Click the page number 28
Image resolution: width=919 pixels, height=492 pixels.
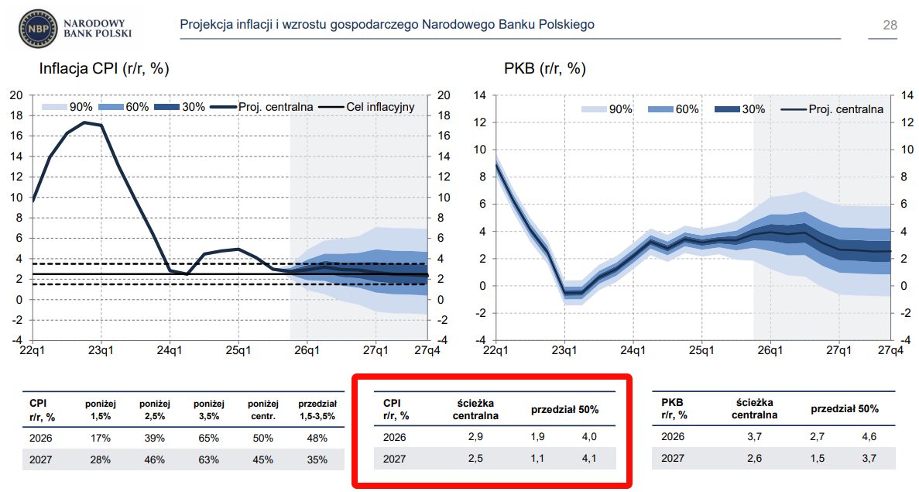(x=890, y=26)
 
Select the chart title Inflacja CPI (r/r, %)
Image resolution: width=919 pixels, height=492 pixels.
(x=104, y=69)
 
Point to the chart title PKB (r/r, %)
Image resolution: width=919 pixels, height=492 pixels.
(x=544, y=69)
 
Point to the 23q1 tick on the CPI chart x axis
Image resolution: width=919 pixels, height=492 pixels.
(x=101, y=350)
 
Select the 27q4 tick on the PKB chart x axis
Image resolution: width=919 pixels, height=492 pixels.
(x=890, y=350)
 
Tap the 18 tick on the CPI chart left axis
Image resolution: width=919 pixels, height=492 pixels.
(x=16, y=115)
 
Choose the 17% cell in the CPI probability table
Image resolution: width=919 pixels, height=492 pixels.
(x=100, y=438)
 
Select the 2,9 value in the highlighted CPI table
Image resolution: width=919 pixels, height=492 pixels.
(x=475, y=438)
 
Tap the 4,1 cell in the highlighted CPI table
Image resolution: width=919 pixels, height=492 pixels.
(x=588, y=458)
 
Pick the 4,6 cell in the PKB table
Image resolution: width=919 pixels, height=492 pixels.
(x=869, y=438)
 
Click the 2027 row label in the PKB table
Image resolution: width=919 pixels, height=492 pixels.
(x=673, y=458)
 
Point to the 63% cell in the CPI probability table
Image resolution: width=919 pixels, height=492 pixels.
(x=208, y=459)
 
